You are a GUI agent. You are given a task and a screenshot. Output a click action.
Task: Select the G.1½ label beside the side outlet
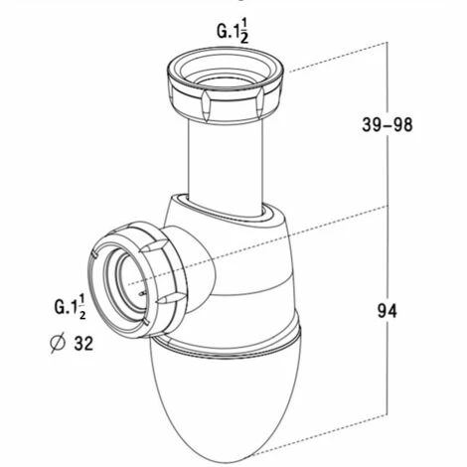tap(73, 305)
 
